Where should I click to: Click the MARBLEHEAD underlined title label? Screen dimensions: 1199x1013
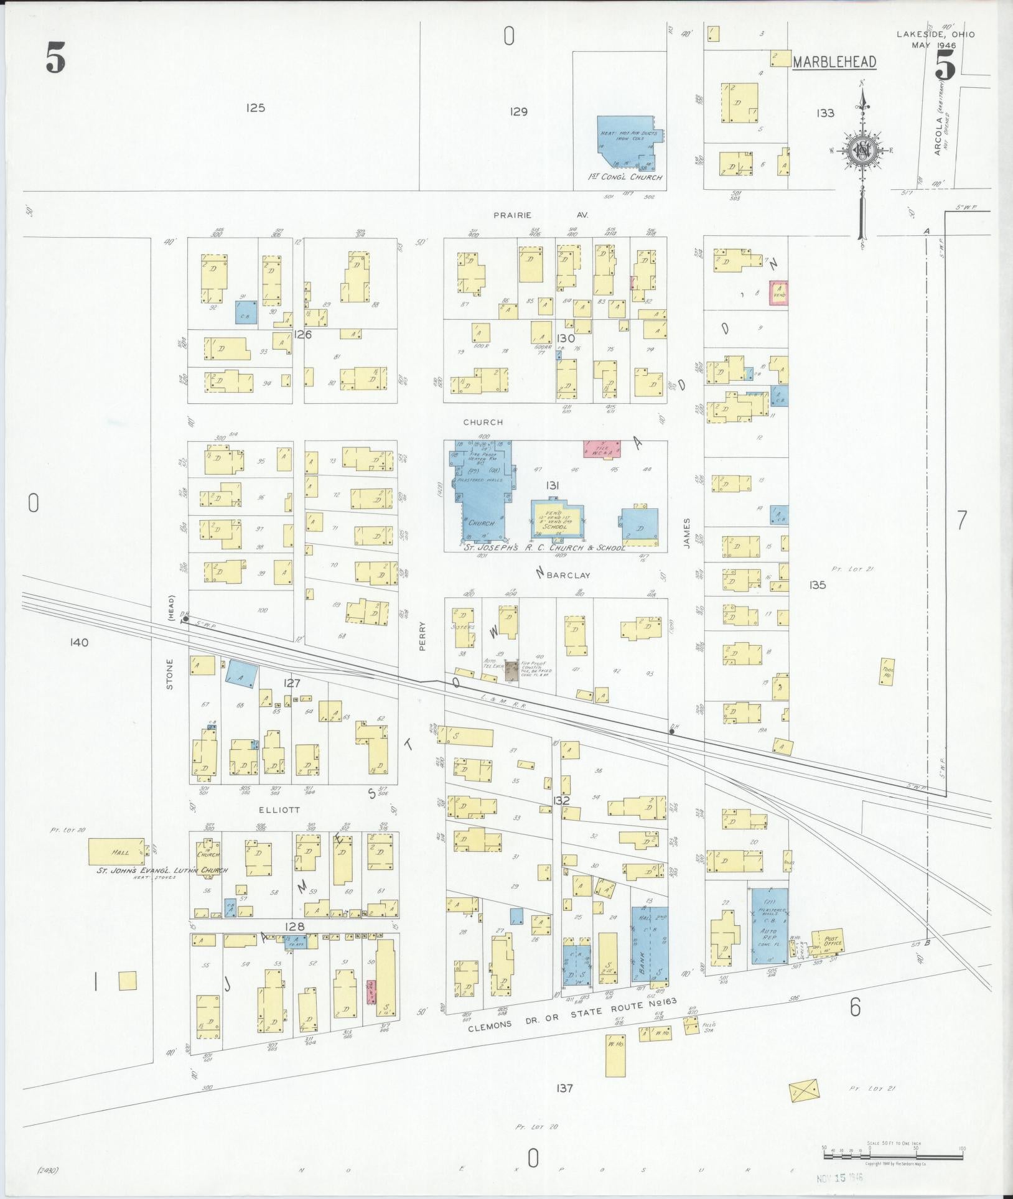click(834, 62)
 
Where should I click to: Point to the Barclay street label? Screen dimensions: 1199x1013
click(568, 576)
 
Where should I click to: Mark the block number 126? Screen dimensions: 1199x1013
click(303, 334)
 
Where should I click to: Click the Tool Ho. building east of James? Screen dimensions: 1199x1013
click(887, 671)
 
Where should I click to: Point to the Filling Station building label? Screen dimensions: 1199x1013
click(709, 1025)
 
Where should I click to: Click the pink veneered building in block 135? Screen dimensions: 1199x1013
click(778, 292)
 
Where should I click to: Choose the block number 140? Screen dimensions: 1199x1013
click(80, 642)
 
